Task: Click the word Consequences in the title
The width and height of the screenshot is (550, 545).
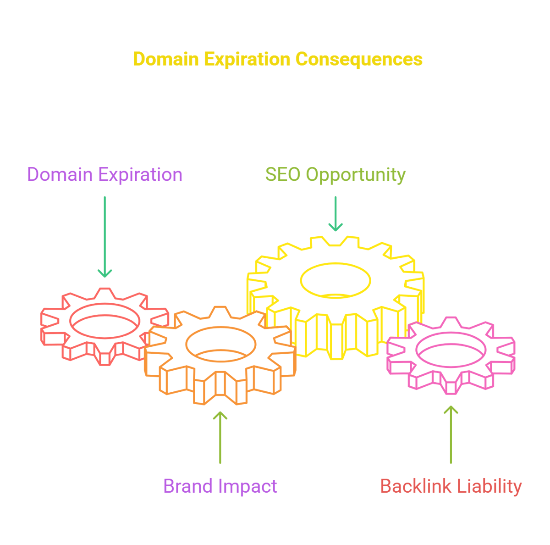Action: pos(358,60)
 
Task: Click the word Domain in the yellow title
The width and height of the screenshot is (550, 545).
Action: pos(166,59)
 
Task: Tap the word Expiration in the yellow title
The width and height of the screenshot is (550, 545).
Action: pos(247,60)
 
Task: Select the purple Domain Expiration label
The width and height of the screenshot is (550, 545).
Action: pos(105,174)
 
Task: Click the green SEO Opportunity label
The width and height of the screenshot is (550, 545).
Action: pos(335,175)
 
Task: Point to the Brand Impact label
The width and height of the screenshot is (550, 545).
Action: pos(220,486)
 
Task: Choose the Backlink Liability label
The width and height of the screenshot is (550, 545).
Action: pos(451,486)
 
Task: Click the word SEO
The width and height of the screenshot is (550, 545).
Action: pos(283,174)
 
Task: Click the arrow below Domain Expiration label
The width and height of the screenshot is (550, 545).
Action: pos(105,237)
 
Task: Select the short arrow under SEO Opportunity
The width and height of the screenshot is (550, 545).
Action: pos(335,214)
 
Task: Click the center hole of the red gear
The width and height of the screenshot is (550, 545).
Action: pos(105,321)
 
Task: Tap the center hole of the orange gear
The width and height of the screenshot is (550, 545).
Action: pos(220,344)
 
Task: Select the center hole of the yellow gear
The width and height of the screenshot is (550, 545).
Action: pos(335,281)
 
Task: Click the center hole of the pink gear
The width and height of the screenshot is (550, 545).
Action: pos(451,350)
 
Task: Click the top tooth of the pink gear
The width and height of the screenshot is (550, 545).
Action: pos(451,322)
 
